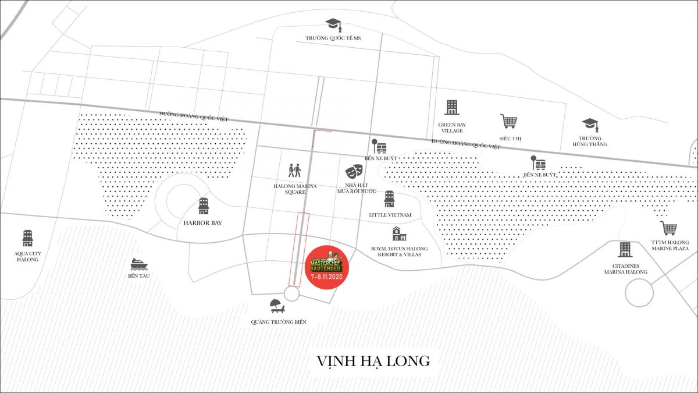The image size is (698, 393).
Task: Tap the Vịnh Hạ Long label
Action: click(373, 361)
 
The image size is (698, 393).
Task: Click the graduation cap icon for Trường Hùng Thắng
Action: click(590, 125)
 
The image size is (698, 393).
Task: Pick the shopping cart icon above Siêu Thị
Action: click(508, 121)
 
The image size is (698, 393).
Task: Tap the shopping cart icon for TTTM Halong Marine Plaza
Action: click(668, 228)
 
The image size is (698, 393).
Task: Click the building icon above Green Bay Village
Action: click(452, 108)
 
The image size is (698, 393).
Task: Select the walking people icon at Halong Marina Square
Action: click(295, 171)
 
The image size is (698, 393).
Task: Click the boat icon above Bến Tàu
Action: click(139, 263)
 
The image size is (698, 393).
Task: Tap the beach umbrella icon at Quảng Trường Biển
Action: click(276, 305)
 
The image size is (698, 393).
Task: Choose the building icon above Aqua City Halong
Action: click(27, 238)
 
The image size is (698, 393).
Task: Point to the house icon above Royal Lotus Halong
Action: click(399, 234)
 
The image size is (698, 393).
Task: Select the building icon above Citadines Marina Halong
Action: click(625, 250)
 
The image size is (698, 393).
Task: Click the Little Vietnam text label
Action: click(390, 215)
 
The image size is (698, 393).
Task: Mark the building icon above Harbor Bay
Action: click(204, 206)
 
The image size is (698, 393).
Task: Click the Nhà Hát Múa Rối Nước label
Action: click(357, 188)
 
